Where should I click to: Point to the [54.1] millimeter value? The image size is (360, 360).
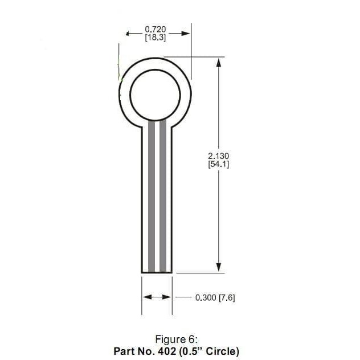click(219, 164)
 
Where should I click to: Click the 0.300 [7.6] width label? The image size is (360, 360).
click(215, 297)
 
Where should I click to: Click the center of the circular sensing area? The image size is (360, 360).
click(154, 93)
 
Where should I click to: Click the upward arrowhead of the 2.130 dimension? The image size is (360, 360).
click(218, 62)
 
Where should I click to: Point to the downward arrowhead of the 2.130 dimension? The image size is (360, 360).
click(218, 267)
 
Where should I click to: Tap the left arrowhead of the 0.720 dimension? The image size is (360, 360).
click(129, 33)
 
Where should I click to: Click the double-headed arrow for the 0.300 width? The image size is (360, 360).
click(157, 297)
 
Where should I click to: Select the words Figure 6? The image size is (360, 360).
click(176, 339)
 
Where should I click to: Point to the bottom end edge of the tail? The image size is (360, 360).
click(157, 273)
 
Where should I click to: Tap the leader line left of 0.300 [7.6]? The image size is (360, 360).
click(183, 297)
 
